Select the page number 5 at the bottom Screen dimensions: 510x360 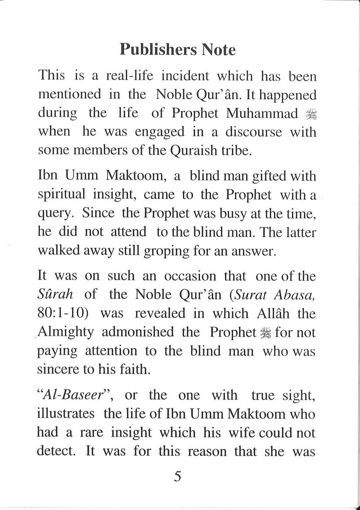[x=178, y=477]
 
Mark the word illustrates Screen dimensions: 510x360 [x=65, y=414]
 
